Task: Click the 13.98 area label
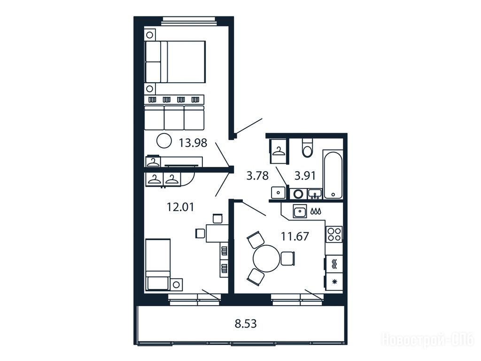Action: point(193,143)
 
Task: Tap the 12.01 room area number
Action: point(180,207)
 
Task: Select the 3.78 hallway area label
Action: point(258,176)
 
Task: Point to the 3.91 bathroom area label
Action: point(305,176)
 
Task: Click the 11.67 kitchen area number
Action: point(295,236)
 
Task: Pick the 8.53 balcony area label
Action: point(246,324)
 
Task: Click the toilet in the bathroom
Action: point(307,148)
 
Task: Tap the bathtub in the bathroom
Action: point(333,174)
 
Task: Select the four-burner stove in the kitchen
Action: point(334,234)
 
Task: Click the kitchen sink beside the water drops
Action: point(300,211)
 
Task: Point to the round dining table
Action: point(267,258)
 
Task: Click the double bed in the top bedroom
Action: point(175,62)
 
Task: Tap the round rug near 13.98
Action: point(164,141)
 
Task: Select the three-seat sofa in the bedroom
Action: point(174,118)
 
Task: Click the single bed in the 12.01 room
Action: point(158,265)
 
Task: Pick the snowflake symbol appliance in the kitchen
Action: point(334,281)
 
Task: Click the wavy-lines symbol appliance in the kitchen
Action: point(334,264)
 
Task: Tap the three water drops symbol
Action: point(316,211)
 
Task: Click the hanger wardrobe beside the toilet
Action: point(279,151)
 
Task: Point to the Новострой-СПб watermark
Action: point(428,340)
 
